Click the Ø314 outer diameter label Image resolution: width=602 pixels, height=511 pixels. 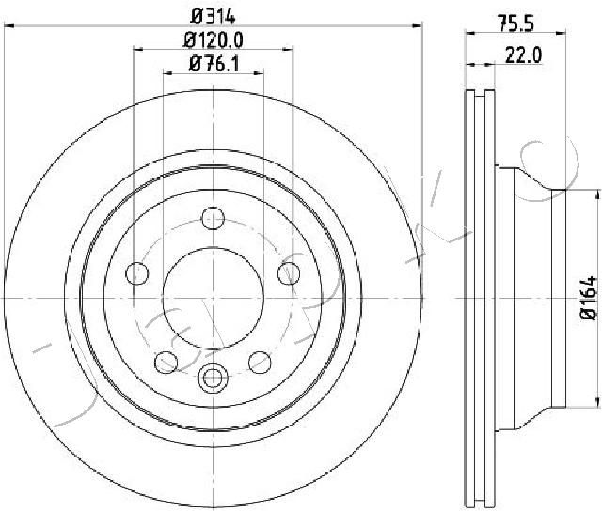point(214,17)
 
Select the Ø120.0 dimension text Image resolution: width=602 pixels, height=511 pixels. point(214,40)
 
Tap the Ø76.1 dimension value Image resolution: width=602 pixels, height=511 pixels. point(214,64)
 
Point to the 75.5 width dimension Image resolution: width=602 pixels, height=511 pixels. point(515,24)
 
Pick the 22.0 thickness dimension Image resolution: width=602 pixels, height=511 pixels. point(523,55)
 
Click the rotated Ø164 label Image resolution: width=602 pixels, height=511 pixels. point(589,298)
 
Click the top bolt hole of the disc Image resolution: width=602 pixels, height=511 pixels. point(214,219)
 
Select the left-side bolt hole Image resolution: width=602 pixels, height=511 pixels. point(137,273)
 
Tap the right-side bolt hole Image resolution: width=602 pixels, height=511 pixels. point(289,273)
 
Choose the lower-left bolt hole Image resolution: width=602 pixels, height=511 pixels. point(166,363)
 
